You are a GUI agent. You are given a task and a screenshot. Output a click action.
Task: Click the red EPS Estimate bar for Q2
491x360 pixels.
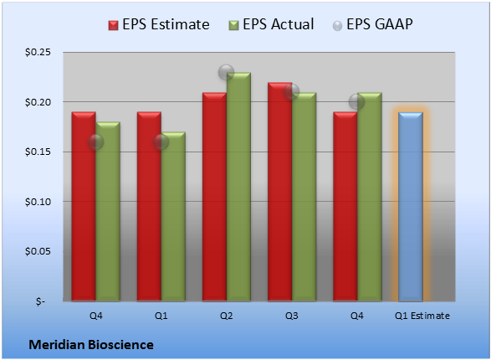coord(214,197)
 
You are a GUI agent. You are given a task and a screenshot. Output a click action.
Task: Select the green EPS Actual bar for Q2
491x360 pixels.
coord(238,187)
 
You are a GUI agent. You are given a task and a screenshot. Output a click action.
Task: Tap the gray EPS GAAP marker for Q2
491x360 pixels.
coord(226,72)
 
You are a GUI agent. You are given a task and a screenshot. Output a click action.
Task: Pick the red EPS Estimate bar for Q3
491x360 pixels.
coord(280,192)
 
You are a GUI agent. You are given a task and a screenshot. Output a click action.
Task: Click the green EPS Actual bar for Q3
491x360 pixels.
coord(304,197)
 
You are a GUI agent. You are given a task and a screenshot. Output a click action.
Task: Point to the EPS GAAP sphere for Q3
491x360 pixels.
coord(292,92)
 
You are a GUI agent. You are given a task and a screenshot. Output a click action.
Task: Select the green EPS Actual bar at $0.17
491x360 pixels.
coord(173,217)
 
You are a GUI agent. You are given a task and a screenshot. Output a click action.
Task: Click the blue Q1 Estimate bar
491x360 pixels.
coord(411,207)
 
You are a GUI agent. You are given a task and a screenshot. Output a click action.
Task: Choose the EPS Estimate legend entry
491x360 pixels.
coord(159,24)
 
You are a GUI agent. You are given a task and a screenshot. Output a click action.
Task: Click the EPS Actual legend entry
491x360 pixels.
coord(272,24)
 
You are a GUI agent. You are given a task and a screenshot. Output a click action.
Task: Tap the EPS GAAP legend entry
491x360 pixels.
coord(372,24)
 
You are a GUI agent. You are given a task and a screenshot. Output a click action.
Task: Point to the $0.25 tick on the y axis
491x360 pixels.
coord(38,52)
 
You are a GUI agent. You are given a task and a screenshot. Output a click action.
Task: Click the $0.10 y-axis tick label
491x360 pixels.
coord(38,202)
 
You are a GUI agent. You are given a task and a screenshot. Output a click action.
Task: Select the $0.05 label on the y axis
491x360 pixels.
coord(38,251)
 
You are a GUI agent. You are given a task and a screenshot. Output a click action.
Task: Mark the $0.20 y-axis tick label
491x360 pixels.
coord(38,102)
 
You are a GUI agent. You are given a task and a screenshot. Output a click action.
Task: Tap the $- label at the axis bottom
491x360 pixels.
coord(40,301)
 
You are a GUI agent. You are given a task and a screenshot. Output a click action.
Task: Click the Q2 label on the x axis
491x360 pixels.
coord(227,316)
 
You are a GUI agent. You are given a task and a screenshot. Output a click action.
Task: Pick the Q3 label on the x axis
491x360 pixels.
coord(292,316)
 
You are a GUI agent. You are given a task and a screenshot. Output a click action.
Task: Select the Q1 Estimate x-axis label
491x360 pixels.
coord(422,316)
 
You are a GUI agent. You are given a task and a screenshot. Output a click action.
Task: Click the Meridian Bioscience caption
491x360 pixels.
coord(91,345)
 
